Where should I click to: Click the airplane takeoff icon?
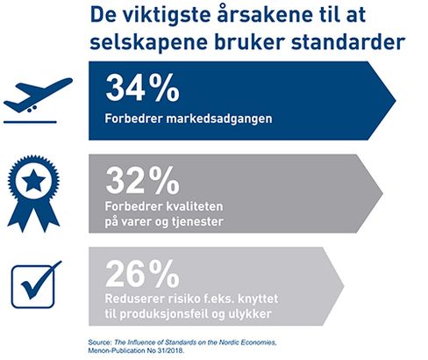click(35, 97)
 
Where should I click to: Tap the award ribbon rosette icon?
click(33, 193)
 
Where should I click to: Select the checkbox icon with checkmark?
click(36, 284)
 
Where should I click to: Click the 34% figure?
click(142, 88)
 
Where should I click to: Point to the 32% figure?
click(142, 180)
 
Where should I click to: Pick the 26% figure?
click(142, 273)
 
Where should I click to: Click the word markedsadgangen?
click(219, 119)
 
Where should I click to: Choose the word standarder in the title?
click(348, 42)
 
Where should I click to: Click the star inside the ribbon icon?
click(33, 180)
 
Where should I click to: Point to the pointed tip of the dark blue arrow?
click(396, 101)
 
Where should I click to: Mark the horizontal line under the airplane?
click(30, 122)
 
